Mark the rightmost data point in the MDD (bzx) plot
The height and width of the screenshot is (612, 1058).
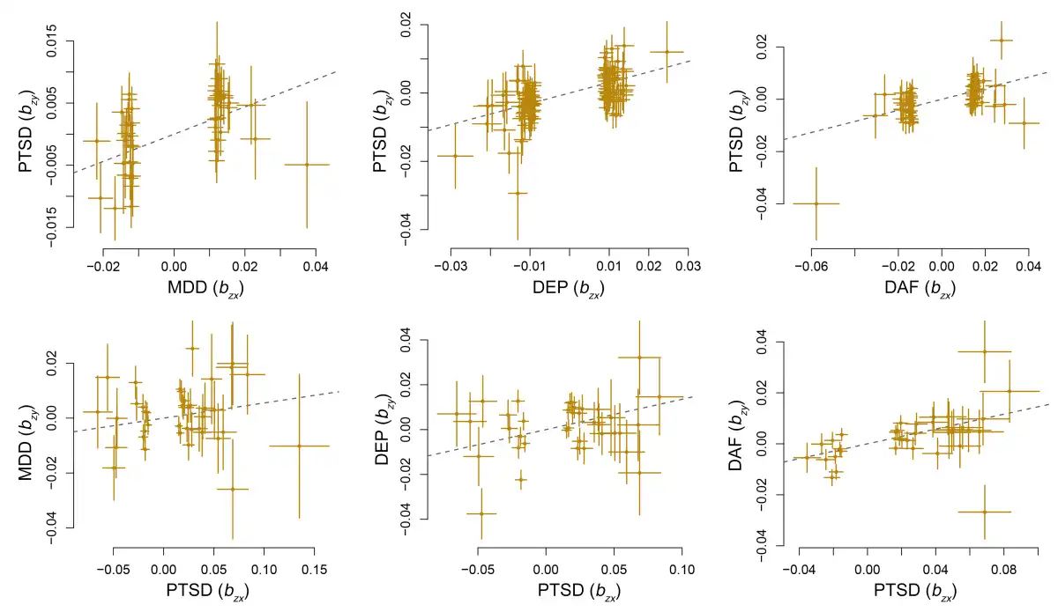(x=307, y=165)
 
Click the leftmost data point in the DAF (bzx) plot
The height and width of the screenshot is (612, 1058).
(x=816, y=203)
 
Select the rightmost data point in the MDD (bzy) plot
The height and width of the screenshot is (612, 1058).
(x=299, y=446)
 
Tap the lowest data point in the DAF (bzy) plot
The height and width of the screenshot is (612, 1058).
(x=984, y=512)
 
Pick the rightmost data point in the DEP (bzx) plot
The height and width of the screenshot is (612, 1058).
(x=667, y=52)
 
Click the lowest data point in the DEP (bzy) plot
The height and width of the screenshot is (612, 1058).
(x=481, y=513)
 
